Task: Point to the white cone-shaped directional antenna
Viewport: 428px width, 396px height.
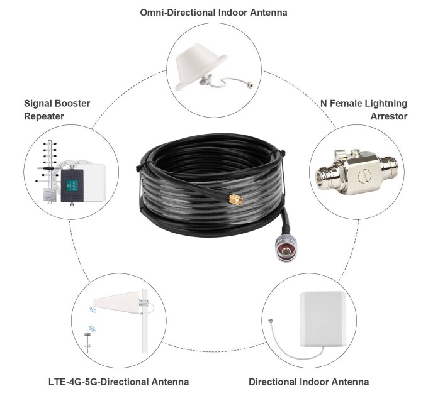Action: (x=118, y=302)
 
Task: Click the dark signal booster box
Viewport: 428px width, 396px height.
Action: (x=72, y=185)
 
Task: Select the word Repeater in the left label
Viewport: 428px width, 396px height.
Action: (x=44, y=116)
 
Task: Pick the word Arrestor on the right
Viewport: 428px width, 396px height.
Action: (x=389, y=116)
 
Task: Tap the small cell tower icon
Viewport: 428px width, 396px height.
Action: (x=87, y=340)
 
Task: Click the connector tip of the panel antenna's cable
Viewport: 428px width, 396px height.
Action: (x=271, y=321)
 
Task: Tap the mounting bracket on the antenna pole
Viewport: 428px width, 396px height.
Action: (x=144, y=302)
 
